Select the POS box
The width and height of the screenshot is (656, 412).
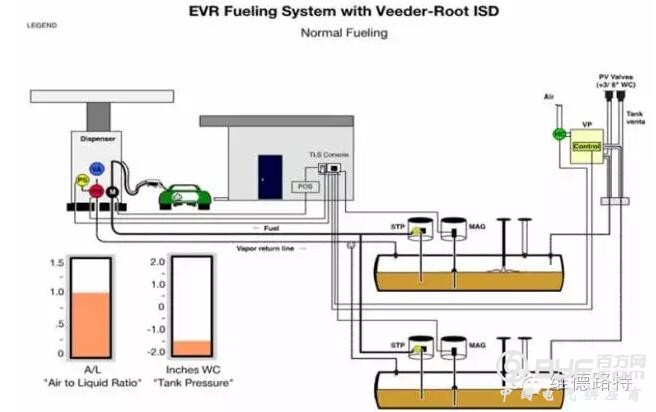tap(304, 186)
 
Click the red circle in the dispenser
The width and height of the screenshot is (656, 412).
tap(96, 190)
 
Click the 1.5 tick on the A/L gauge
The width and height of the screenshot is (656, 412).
tap(57, 262)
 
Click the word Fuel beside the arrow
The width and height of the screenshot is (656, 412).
tap(270, 229)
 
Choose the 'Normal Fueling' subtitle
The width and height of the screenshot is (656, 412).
tap(344, 33)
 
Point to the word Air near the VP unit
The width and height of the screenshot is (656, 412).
tap(548, 97)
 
